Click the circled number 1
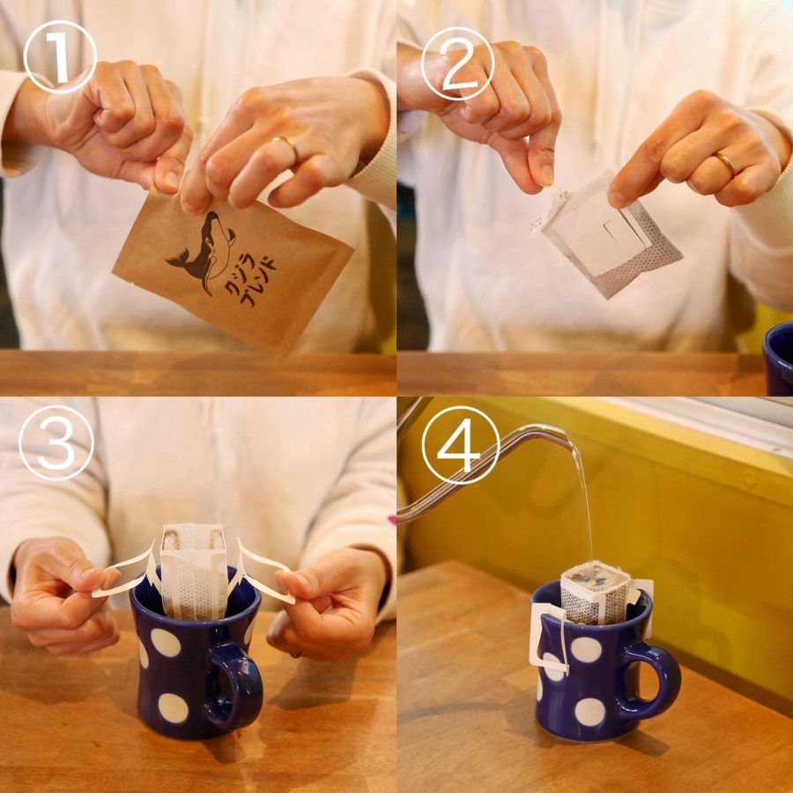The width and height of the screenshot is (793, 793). point(59,56)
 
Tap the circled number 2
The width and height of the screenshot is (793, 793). point(457,63)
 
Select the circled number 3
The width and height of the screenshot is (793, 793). point(56,442)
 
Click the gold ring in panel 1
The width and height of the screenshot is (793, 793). point(287,145)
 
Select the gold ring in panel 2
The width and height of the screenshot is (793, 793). point(725,162)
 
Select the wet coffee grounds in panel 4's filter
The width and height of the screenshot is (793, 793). point(597,580)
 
